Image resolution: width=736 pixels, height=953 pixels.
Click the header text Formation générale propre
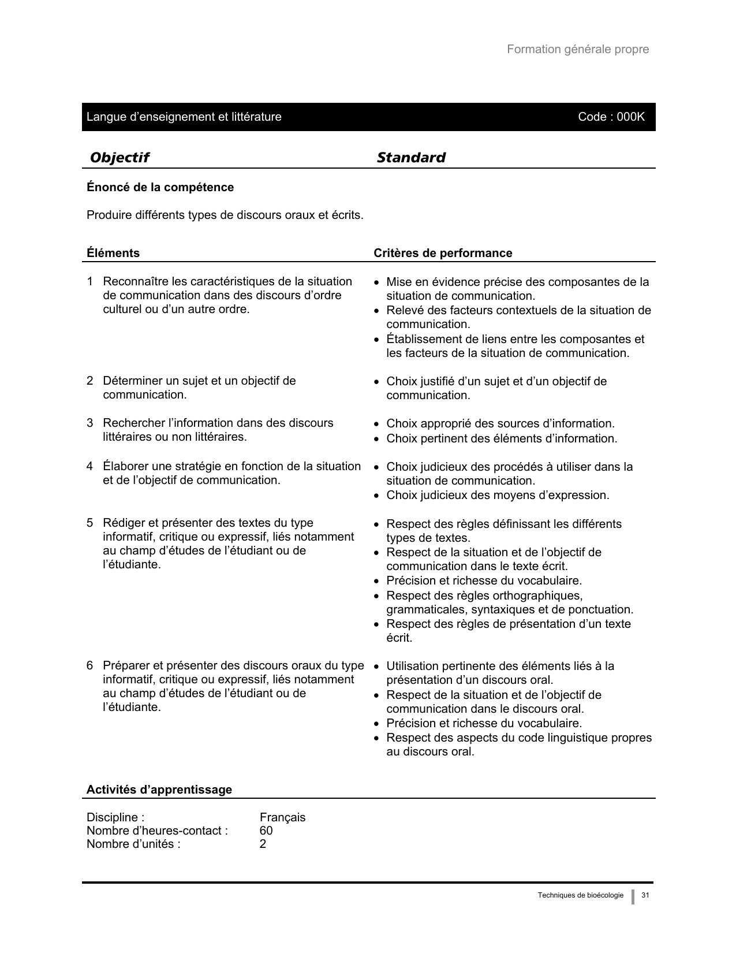pos(577,49)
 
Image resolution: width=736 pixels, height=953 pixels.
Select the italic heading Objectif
pos(119,157)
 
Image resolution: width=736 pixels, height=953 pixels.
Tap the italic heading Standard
pos(411,157)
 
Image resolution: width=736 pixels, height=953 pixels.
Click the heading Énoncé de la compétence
pos(160,187)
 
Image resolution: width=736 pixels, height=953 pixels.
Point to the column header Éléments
pos(113,253)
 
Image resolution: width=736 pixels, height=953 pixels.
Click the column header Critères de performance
pos(443,253)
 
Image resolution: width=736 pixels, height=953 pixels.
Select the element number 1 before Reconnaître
pos(90,281)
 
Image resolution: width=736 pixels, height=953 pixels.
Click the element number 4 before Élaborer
pos(90,466)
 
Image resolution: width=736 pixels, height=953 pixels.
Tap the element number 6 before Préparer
pos(90,665)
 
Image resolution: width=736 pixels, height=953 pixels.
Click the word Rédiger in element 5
pos(122,523)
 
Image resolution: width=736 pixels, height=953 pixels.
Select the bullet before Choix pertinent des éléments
pos(376,440)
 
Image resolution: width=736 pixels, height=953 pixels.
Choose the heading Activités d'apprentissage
pos(159,790)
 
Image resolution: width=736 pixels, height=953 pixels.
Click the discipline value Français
pos(282,817)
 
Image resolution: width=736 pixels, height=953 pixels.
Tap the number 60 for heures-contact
pos(266,831)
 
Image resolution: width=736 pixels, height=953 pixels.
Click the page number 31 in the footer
pos(645,895)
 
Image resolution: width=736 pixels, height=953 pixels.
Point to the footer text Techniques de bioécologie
pos(580,895)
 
